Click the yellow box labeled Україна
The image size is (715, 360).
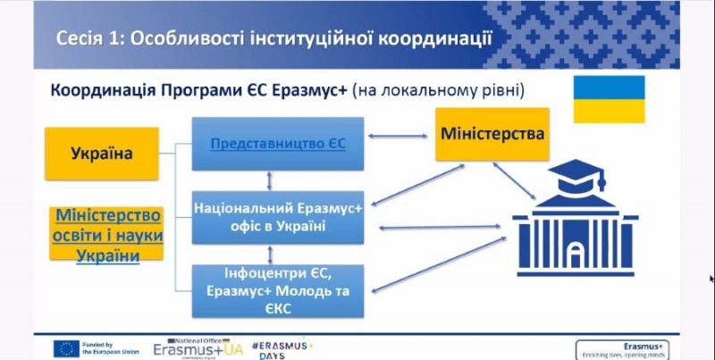tap(102, 154)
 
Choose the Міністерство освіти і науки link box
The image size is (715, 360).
tap(106, 235)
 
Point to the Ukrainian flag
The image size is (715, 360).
tap(609, 99)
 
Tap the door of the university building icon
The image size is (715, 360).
tap(576, 250)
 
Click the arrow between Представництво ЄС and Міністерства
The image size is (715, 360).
tap(400, 138)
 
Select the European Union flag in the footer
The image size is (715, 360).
tap(66, 348)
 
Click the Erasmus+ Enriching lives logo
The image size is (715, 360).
tap(621, 348)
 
